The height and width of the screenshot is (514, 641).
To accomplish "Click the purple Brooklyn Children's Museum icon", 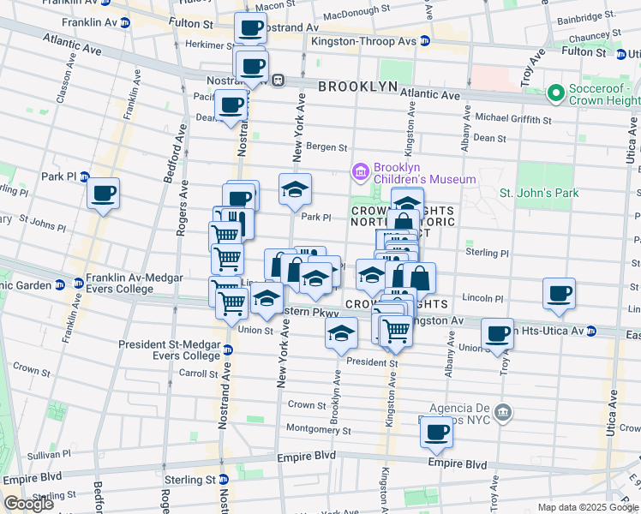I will (360, 173).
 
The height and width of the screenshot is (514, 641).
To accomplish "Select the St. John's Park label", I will (539, 193).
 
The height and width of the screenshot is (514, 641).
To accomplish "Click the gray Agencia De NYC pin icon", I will (504, 413).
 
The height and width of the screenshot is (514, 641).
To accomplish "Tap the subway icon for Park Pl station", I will (84, 176).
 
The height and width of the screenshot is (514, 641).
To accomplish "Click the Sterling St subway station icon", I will (223, 479).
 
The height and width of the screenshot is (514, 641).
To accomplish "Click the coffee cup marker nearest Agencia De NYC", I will (437, 433).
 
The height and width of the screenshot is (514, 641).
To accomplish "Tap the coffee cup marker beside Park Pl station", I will (103, 193).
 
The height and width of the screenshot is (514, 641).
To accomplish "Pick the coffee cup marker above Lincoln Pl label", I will (559, 294).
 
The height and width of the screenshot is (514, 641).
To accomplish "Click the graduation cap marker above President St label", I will (341, 333).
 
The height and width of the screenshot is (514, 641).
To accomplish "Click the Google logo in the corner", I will (29, 505).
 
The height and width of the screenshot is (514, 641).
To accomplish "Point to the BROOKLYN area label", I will (357, 87).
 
